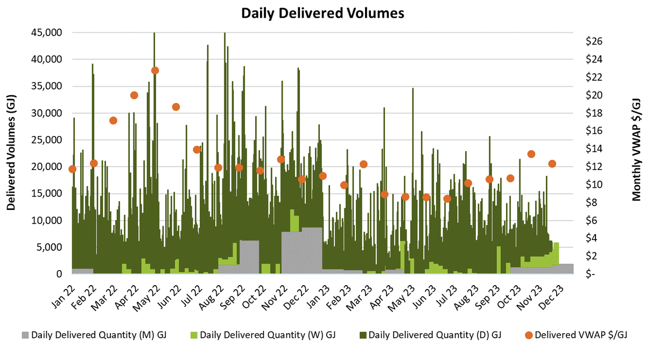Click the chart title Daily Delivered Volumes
(x=322, y=13)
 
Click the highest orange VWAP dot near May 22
(x=155, y=70)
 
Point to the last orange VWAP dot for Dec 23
(x=552, y=164)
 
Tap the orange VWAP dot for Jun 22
(x=175, y=107)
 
